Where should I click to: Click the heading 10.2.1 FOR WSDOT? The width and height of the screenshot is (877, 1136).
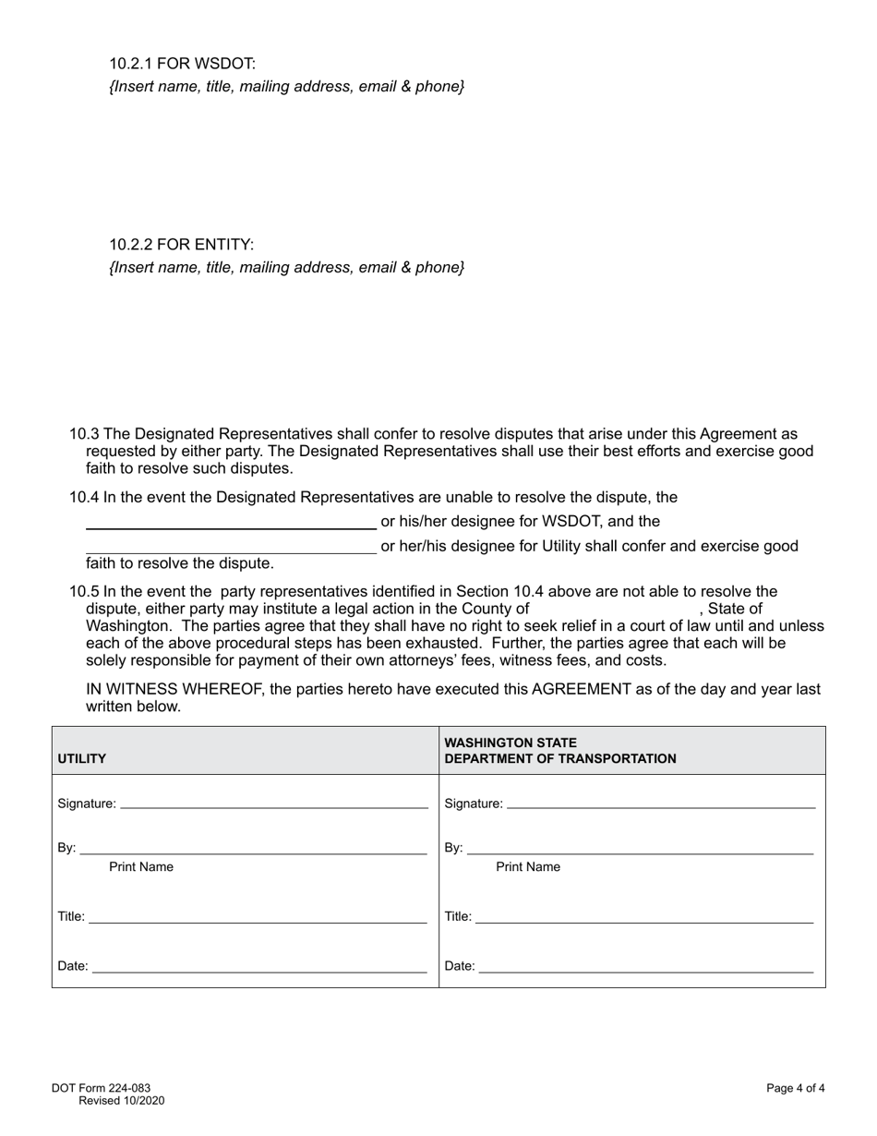click(182, 64)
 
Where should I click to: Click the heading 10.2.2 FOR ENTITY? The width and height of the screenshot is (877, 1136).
click(181, 245)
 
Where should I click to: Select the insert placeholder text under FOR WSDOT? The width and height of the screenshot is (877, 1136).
click(286, 87)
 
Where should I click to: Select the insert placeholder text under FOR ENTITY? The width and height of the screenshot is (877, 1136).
click(286, 268)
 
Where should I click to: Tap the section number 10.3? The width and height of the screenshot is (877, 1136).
click(84, 434)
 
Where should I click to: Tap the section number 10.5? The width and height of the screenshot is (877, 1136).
click(84, 592)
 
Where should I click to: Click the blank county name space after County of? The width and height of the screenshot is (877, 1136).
click(614, 609)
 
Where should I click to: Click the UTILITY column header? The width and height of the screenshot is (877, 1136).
click(82, 759)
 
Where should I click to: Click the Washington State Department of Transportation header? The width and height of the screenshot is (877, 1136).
click(560, 751)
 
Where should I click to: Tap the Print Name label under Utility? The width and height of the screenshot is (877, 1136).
click(141, 867)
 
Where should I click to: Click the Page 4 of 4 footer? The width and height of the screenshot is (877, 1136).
click(795, 1088)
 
